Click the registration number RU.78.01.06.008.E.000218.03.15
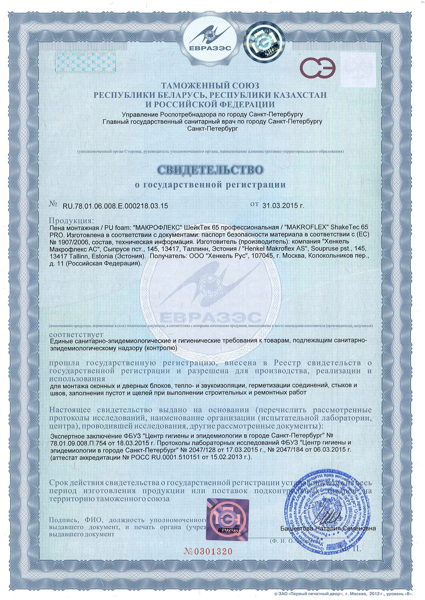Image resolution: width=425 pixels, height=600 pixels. (115, 206)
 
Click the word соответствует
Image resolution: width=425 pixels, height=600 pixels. (76, 335)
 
